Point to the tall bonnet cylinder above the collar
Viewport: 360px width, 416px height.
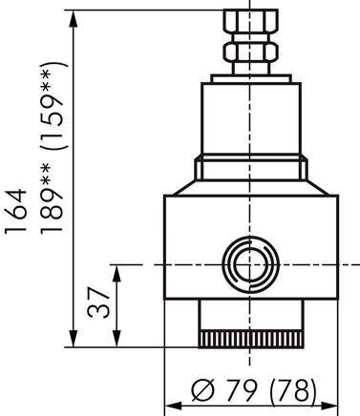(248, 119)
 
